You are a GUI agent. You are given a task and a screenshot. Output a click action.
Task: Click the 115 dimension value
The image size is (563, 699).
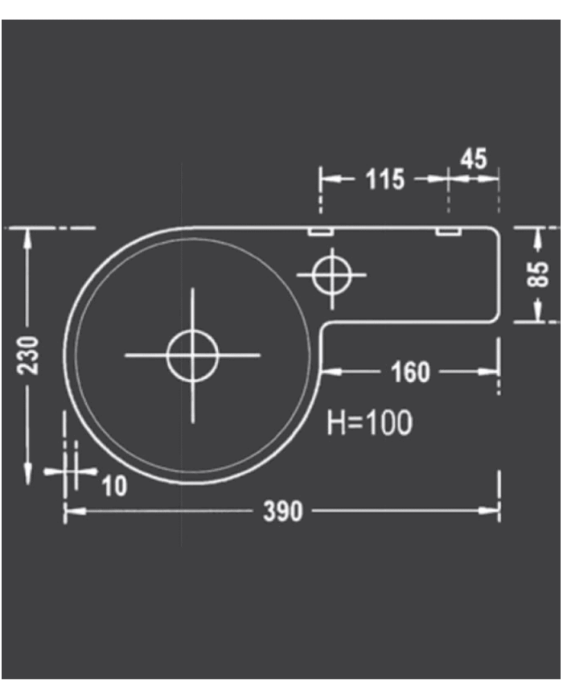point(385,179)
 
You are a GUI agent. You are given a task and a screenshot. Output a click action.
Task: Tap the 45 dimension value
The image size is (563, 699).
point(474,158)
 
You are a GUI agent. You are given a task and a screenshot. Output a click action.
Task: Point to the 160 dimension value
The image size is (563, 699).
point(410,372)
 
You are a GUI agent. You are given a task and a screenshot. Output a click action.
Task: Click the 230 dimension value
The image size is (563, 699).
point(29,355)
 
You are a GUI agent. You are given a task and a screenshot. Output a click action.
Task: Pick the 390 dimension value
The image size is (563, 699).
point(283,511)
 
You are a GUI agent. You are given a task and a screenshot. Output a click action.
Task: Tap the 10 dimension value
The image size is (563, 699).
point(115,485)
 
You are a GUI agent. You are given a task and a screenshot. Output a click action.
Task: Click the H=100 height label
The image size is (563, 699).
point(369,422)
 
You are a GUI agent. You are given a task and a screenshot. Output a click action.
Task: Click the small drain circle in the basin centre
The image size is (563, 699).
point(192,355)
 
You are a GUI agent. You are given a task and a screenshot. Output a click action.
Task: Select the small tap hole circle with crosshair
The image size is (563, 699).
point(330,274)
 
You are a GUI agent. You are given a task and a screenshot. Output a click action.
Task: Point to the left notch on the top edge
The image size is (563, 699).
point(321,232)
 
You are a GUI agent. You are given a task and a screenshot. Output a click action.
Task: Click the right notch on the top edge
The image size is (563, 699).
point(447,232)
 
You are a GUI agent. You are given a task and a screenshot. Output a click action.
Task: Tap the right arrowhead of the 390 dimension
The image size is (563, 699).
point(491,510)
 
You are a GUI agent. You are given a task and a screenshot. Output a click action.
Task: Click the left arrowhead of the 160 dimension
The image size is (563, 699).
point(331,372)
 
